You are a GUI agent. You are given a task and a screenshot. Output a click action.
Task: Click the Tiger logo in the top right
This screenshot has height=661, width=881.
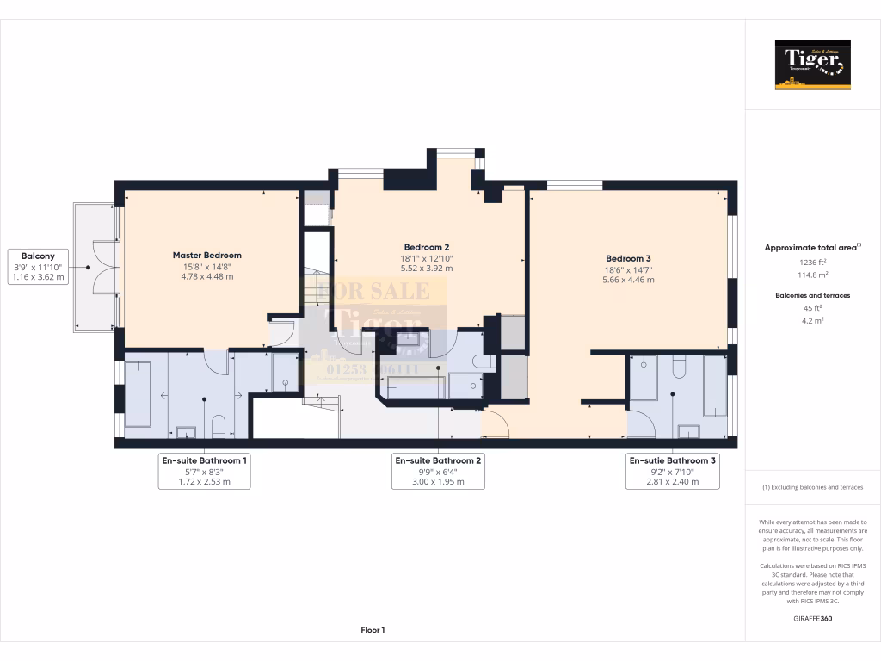812,64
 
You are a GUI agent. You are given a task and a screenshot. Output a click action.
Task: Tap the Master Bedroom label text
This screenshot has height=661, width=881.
206,256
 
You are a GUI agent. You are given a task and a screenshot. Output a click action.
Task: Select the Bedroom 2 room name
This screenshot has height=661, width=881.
428,247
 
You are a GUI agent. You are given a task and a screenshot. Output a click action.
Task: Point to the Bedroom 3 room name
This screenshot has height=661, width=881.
628,259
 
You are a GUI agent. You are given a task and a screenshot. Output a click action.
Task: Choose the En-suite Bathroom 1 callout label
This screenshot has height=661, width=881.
204,471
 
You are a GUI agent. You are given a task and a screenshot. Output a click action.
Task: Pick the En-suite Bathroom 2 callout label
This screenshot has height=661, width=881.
438,471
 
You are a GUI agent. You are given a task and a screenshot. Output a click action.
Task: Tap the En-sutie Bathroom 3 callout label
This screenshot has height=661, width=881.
672,471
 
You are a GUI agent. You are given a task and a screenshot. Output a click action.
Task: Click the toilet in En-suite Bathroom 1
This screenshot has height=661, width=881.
219,426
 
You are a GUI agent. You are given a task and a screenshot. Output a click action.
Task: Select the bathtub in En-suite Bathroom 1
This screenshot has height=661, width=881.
139,394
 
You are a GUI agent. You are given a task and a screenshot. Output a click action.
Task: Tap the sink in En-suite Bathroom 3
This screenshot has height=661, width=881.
688,430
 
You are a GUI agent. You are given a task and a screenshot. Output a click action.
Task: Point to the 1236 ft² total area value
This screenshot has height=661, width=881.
812,263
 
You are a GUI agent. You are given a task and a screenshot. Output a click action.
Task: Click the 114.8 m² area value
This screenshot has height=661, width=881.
812,275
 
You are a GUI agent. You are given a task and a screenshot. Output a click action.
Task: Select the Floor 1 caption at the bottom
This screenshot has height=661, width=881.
373,630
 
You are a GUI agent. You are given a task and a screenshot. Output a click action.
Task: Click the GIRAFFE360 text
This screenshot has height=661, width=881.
812,618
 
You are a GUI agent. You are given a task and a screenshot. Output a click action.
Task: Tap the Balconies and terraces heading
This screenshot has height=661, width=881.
812,295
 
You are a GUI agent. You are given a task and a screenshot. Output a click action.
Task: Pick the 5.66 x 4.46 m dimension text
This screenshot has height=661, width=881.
628,280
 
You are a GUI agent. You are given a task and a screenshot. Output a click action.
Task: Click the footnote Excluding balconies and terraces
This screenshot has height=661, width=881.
812,487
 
